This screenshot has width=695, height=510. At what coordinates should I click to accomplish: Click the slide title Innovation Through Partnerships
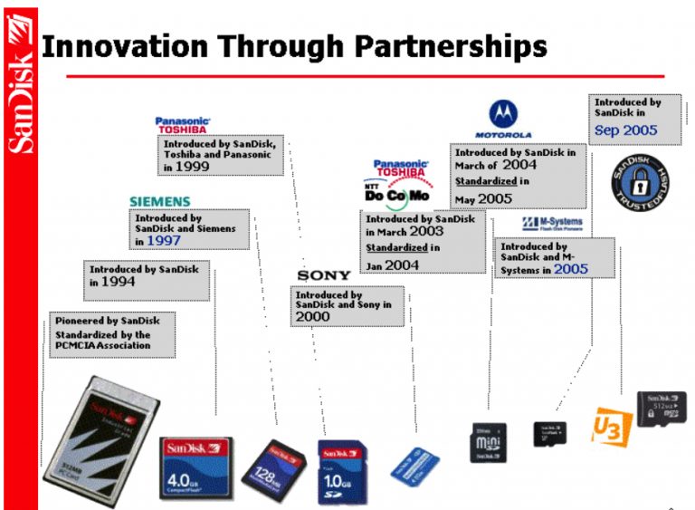point(294,45)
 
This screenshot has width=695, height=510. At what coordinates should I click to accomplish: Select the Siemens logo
point(159,201)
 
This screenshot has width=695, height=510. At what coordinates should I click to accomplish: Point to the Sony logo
point(323,275)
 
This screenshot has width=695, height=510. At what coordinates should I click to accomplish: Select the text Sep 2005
point(625,130)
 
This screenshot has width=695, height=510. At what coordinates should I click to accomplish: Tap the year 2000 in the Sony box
point(313,317)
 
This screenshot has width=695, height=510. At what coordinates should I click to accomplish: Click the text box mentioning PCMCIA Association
point(112,335)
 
